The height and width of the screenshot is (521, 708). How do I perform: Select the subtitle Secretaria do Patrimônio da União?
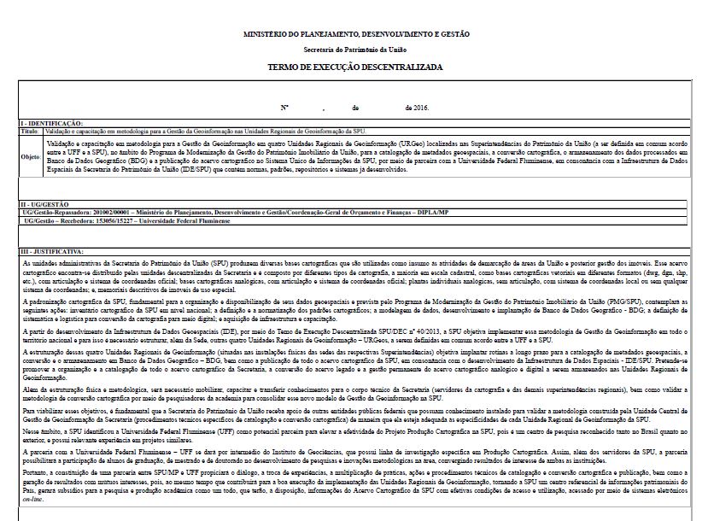(354, 50)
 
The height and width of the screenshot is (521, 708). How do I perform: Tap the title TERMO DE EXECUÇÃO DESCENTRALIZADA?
(354, 66)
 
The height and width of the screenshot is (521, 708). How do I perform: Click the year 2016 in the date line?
(419, 108)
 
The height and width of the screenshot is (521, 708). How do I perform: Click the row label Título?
(29, 132)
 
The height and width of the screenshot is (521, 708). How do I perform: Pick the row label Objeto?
(30, 158)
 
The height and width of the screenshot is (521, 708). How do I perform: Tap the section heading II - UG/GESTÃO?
(45, 205)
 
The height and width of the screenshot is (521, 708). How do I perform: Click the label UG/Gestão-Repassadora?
(53, 212)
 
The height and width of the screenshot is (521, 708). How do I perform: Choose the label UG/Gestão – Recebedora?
(51, 220)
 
